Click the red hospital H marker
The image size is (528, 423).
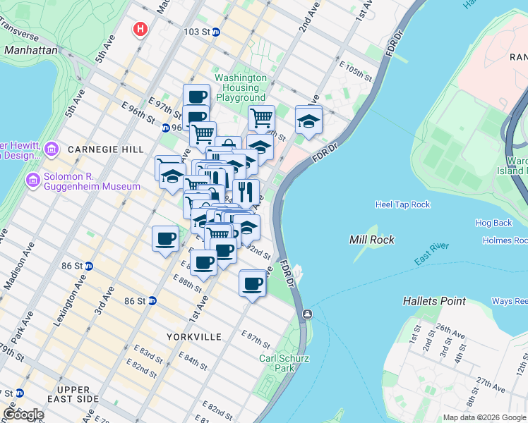pyautogui.click(x=141, y=30)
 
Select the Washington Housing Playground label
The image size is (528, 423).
pyautogui.click(x=241, y=87)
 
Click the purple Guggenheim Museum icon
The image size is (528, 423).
pyautogui.click(x=32, y=181)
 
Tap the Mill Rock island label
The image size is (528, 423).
pyautogui.click(x=372, y=240)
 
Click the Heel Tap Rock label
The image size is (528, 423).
pyautogui.click(x=402, y=204)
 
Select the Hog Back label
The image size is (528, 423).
pyautogui.click(x=493, y=223)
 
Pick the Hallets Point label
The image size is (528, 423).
pyautogui.click(x=434, y=301)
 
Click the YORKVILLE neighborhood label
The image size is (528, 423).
pyautogui.click(x=193, y=337)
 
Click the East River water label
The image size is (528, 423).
pyautogui.click(x=431, y=259)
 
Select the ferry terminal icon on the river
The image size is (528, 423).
pyautogui.click(x=308, y=314)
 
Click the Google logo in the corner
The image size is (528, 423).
pyautogui.click(x=23, y=415)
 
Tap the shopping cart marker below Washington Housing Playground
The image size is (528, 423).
pyautogui.click(x=261, y=117)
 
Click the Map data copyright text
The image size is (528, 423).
pyautogui.click(x=484, y=417)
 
